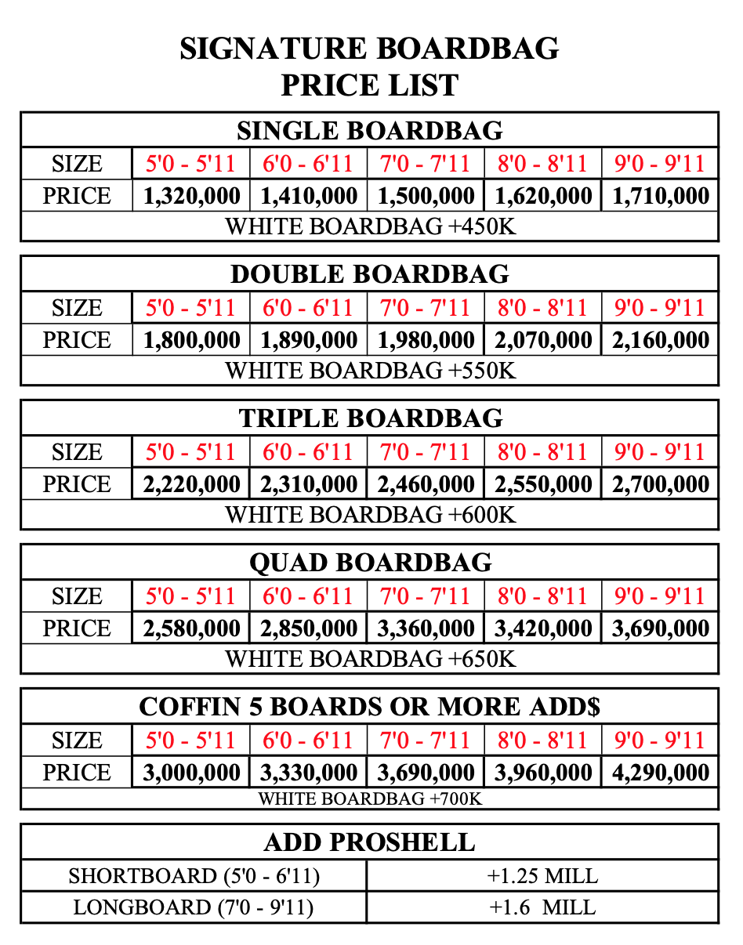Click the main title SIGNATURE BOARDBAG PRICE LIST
pyautogui.click(x=369, y=66)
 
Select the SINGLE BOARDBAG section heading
pyautogui.click(x=369, y=130)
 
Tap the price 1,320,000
pyautogui.click(x=191, y=196)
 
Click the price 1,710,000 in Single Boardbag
pyautogui.click(x=660, y=196)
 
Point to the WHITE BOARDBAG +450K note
pyautogui.click(x=370, y=226)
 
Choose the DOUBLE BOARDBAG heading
pyautogui.click(x=369, y=274)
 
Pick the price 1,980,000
pyautogui.click(x=426, y=340)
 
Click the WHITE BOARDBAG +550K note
pyautogui.click(x=370, y=371)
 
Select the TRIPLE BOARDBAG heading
pyautogui.click(x=370, y=418)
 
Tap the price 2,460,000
pyautogui.click(x=426, y=484)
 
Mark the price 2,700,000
pyautogui.click(x=660, y=484)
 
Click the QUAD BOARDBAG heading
pyautogui.click(x=370, y=563)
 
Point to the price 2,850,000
pyautogui.click(x=308, y=628)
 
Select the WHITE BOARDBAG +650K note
pyautogui.click(x=370, y=659)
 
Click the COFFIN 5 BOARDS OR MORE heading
pyautogui.click(x=369, y=707)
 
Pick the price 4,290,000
pyautogui.click(x=660, y=773)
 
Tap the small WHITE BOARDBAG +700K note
pyautogui.click(x=370, y=799)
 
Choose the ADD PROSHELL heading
pyautogui.click(x=369, y=842)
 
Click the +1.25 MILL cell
pyautogui.click(x=542, y=875)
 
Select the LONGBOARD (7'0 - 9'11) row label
pyautogui.click(x=194, y=907)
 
